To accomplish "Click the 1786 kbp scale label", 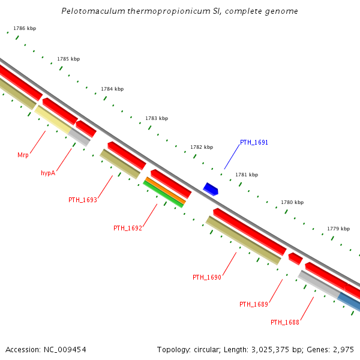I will coord(25,28).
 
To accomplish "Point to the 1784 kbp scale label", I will coord(112,89).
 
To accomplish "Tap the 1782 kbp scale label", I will coord(202,147).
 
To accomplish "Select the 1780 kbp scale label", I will coord(292,203).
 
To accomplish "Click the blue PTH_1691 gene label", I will coord(254,143).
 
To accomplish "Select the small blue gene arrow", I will coord(211,189).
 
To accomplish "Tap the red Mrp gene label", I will coord(23,155).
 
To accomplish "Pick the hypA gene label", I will coord(48,173).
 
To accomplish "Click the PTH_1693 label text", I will coord(82,200).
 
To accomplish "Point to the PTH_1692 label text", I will coord(128,228).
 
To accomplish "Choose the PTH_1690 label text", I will coord(207,277).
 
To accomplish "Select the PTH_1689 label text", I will coord(253,304).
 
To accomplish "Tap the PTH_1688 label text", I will coord(284,322).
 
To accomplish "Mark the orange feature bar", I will coord(166,190).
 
